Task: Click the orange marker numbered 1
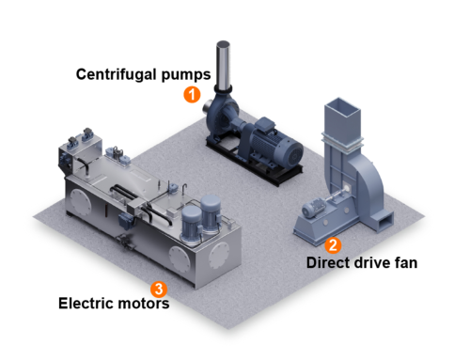192,94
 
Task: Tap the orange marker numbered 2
333,244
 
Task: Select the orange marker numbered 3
159,289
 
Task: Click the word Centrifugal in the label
117,75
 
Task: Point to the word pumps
186,75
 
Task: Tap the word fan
406,262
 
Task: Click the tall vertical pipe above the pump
223,65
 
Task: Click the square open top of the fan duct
342,107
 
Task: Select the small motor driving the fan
314,208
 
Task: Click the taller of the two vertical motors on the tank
211,213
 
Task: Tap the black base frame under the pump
254,162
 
